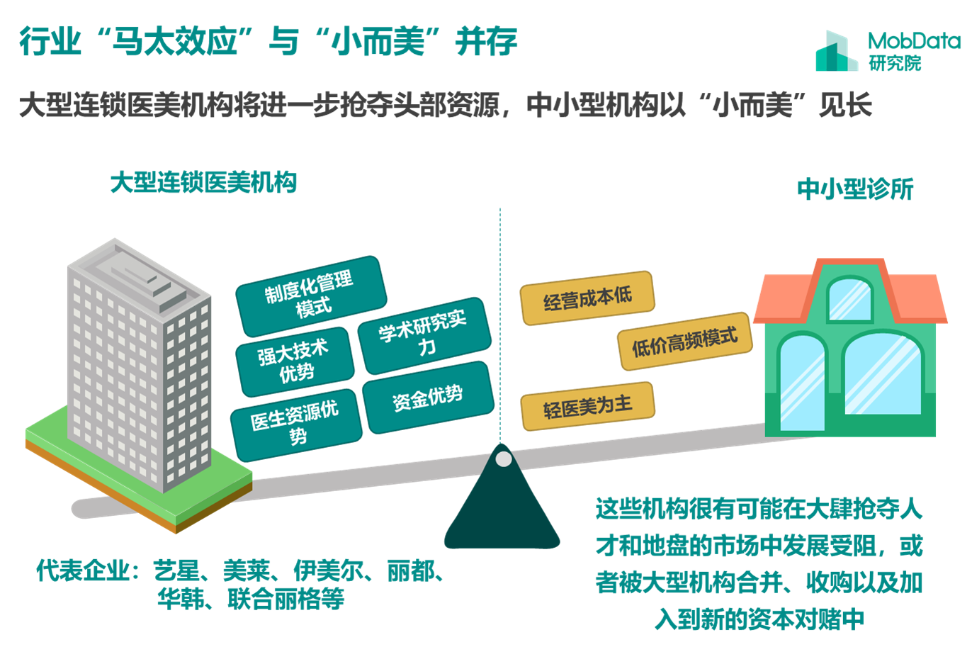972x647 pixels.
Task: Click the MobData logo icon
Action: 836,51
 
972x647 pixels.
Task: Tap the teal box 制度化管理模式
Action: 310,294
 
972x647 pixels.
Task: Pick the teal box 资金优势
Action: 428,397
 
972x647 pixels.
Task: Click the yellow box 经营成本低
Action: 587,298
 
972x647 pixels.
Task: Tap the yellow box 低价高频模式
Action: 684,340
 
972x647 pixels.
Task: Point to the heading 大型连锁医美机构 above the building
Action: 203,183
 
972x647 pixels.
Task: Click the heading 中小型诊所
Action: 855,189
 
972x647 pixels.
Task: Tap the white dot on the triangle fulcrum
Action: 504,459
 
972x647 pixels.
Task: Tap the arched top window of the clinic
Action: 849,298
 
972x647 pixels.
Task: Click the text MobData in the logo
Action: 913,40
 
